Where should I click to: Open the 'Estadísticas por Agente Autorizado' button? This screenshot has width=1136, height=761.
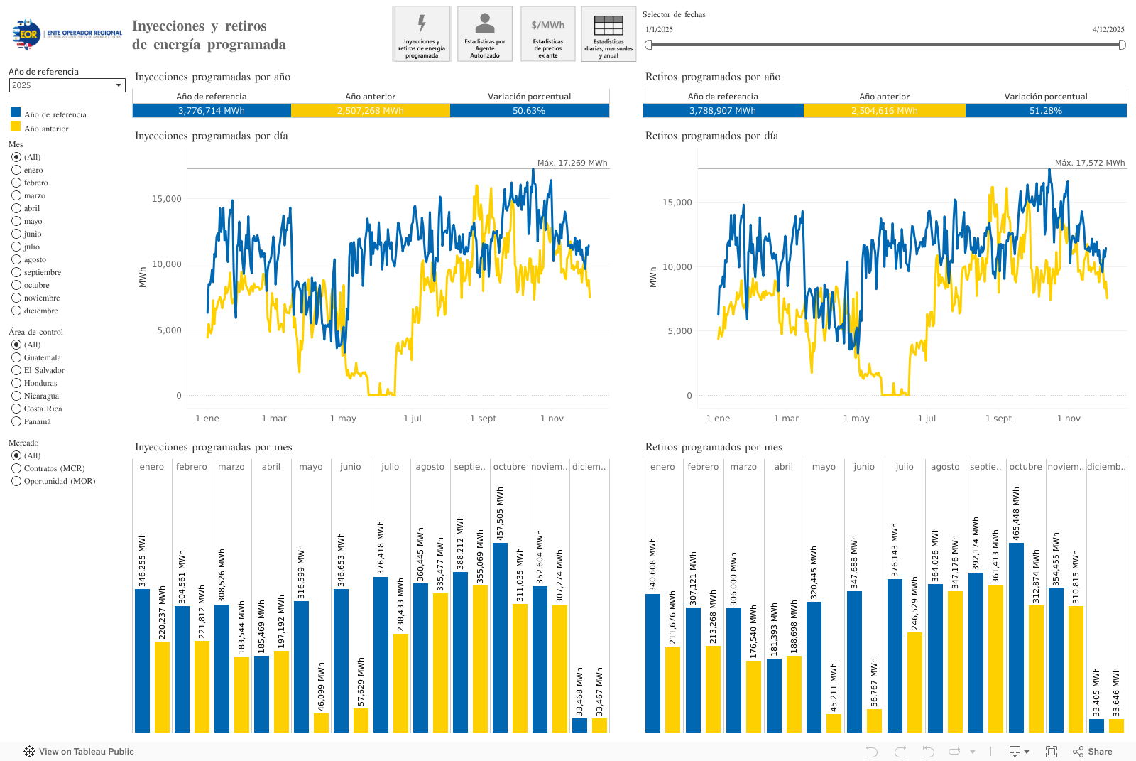click(x=485, y=33)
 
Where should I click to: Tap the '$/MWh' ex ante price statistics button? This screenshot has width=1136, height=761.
click(x=548, y=33)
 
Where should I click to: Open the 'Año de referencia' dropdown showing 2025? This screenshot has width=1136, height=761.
click(x=67, y=85)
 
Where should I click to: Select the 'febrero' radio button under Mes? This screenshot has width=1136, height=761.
click(x=16, y=183)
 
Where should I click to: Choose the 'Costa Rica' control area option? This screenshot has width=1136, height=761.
click(x=16, y=409)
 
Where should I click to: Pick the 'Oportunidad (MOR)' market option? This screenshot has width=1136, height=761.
click(x=16, y=481)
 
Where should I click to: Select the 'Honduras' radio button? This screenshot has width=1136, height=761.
click(x=16, y=383)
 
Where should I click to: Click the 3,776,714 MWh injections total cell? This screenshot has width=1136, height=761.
click(x=212, y=111)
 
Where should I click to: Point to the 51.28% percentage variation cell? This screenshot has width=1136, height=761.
click(x=1046, y=111)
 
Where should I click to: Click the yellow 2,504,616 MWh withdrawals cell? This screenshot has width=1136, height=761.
click(x=885, y=111)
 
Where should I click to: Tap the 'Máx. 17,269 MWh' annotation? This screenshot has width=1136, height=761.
click(x=572, y=163)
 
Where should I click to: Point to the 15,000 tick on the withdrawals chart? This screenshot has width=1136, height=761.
click(x=677, y=203)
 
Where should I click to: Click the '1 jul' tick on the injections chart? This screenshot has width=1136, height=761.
click(x=413, y=419)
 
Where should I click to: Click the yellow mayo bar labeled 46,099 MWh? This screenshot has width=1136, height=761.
click(x=321, y=723)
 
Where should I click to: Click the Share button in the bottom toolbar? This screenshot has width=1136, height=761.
click(x=1093, y=752)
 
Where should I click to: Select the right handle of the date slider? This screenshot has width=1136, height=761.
click(x=1122, y=45)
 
